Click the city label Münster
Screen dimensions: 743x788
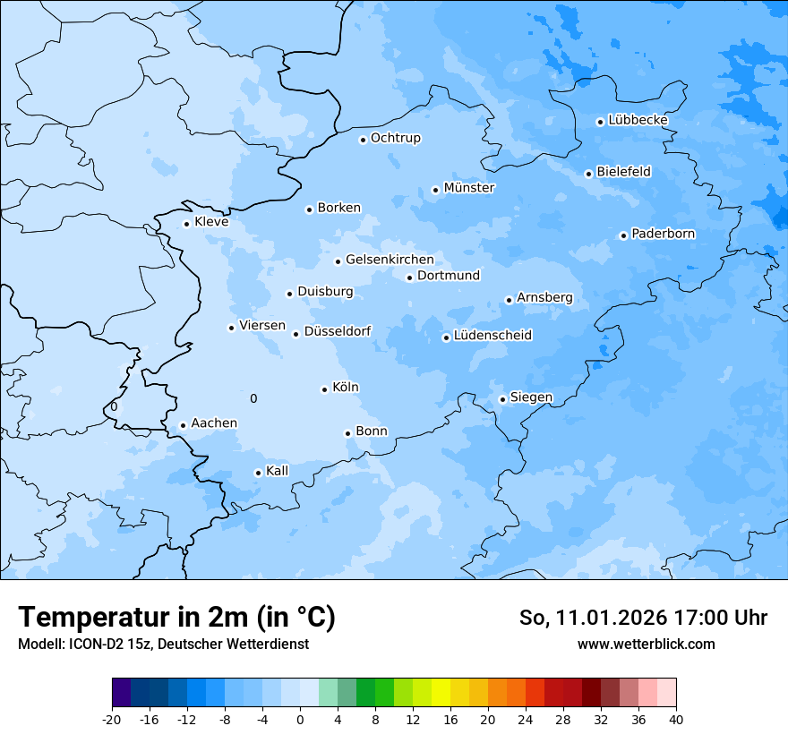469,188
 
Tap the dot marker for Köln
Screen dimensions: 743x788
324,389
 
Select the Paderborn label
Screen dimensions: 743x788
663,234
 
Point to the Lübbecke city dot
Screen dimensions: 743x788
600,122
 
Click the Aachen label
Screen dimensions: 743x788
214,423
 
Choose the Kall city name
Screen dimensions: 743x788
278,471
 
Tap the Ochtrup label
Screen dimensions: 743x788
395,138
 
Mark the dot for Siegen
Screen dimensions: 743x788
502,399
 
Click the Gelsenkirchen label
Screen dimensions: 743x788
390,260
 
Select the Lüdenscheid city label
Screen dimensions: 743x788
492,336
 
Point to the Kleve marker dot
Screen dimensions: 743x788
186,224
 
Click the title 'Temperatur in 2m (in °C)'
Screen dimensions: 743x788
176,617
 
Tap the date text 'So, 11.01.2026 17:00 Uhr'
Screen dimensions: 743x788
643,618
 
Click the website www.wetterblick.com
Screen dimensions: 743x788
646,644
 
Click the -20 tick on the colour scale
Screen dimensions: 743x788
112,720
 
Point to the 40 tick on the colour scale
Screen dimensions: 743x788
676,720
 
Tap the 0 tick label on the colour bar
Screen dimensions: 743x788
300,720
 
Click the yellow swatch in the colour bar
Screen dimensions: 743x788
441,693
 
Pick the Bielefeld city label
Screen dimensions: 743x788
623,171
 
